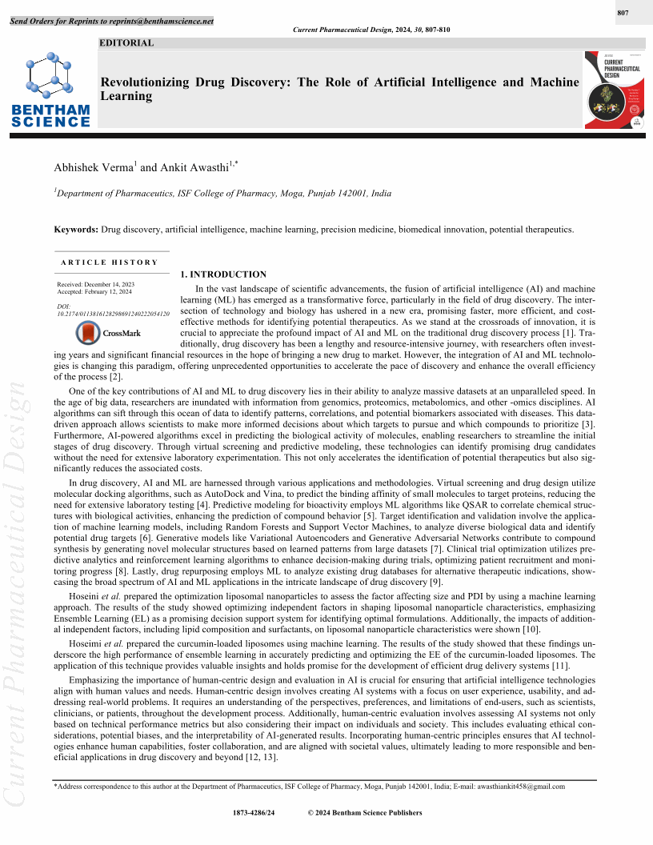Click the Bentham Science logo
pos(50,89)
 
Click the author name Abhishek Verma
pos(93,167)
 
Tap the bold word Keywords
pos(75,230)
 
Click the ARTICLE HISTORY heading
pos(109,262)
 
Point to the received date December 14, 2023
pos(109,284)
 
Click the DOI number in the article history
pos(113,314)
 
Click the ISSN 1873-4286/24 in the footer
pos(254,813)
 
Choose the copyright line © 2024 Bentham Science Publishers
pos(365,813)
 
